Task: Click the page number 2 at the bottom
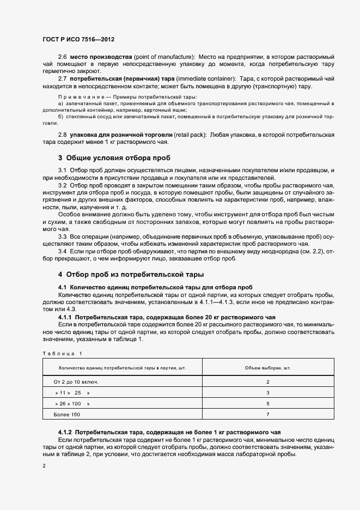(44, 466)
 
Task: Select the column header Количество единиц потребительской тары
(122, 368)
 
